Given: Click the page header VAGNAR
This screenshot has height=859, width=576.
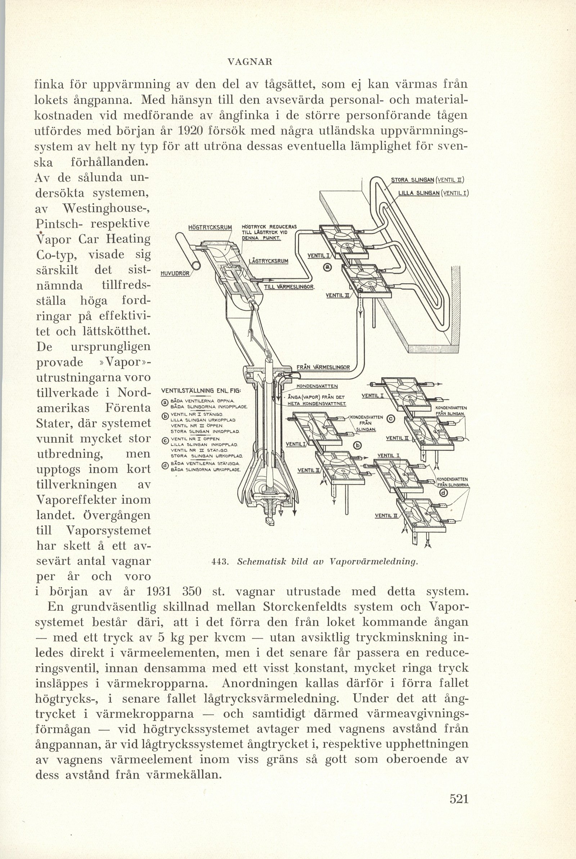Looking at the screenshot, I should (249, 62).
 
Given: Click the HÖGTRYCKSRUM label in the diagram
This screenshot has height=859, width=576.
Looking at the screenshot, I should (210, 227).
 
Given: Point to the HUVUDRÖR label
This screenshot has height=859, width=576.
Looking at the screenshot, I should (175, 273).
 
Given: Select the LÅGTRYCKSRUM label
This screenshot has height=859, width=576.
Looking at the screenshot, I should (269, 261).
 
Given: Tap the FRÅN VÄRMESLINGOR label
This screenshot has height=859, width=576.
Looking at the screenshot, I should (323, 367).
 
